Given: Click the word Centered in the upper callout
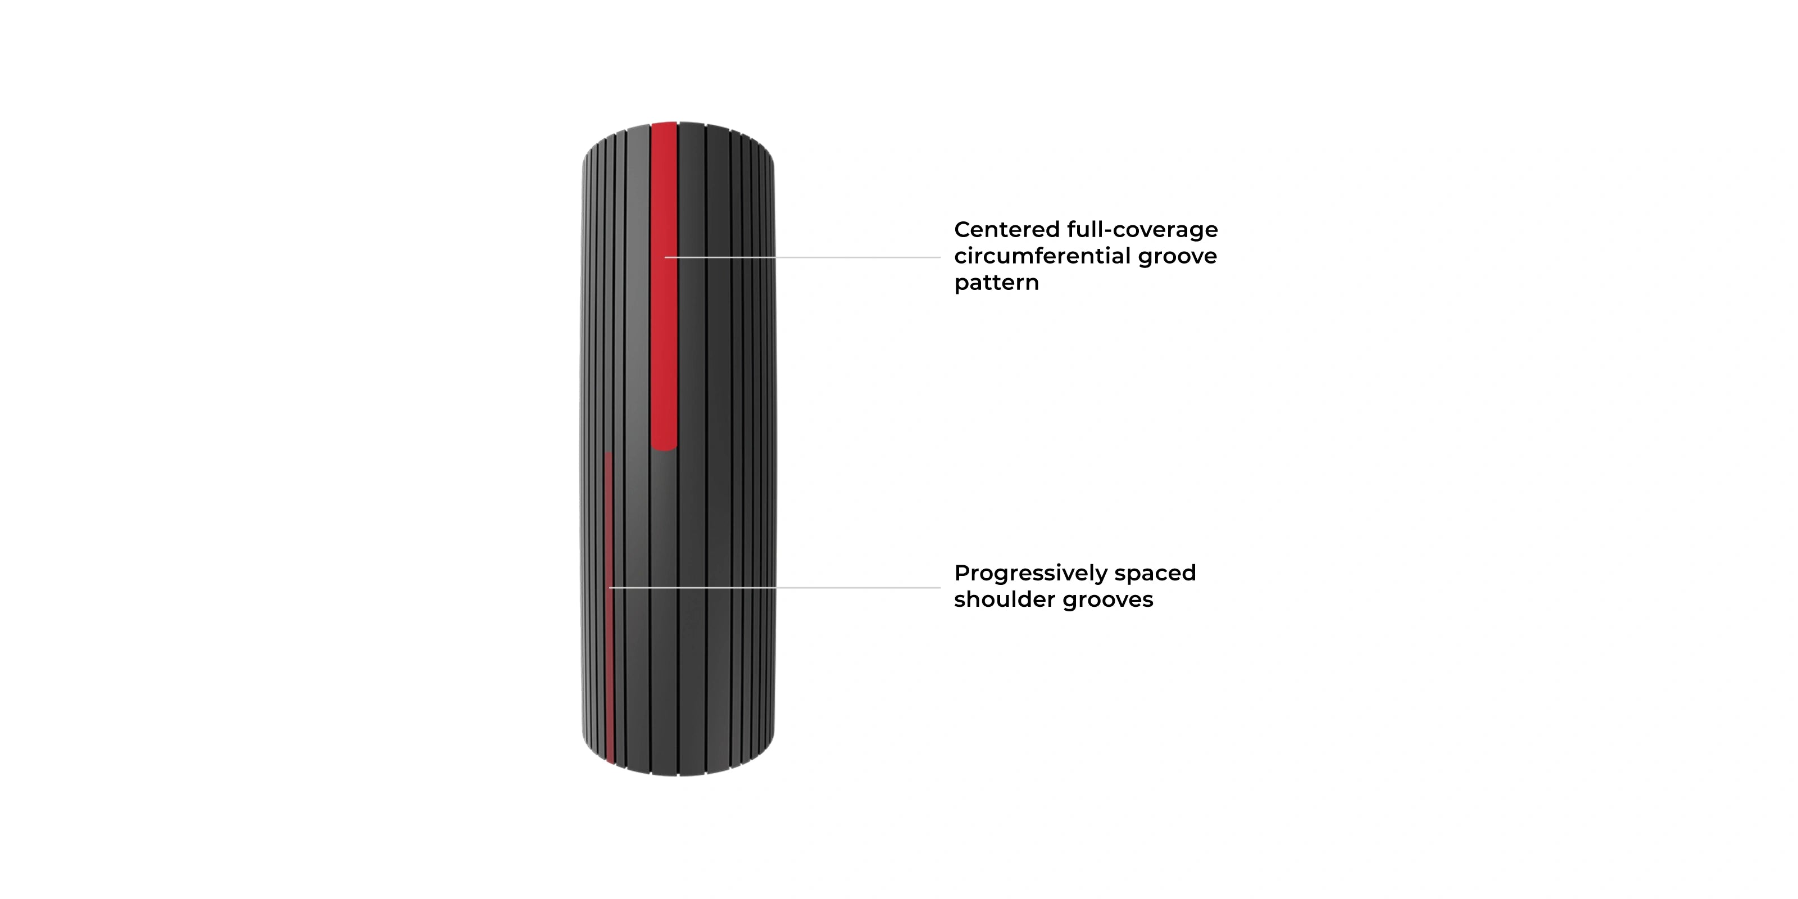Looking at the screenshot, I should [1006, 230].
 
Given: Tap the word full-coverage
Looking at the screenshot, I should [1143, 230].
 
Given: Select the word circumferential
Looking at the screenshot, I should [1042, 256].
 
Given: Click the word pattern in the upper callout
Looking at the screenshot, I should [996, 283].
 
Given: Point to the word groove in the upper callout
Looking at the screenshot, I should [1178, 256].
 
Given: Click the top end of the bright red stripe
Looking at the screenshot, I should [664, 126].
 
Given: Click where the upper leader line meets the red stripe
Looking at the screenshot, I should [666, 257].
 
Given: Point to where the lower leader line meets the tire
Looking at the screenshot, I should [611, 588].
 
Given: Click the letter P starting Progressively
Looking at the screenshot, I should [962, 573].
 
